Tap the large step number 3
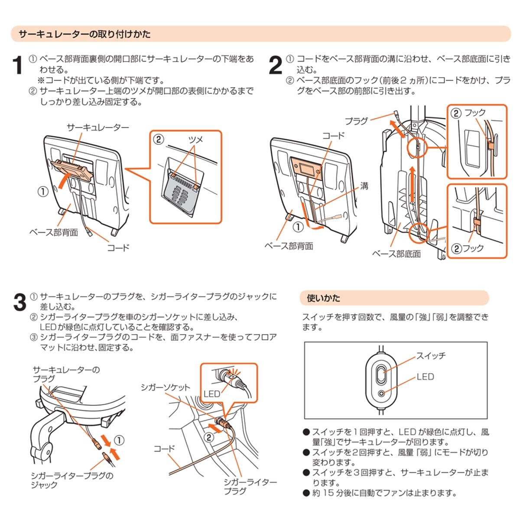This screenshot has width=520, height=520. coord(19,302)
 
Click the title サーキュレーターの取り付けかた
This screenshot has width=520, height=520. coord(84,34)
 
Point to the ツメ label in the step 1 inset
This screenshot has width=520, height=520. coord(195,140)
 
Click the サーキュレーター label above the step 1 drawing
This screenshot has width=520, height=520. coord(97,127)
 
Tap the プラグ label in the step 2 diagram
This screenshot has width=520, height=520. coord(356,121)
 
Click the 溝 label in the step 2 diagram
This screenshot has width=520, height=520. coord(364,186)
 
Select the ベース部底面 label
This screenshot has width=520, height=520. coord(396,254)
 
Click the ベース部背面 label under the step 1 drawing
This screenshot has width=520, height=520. coord(54,232)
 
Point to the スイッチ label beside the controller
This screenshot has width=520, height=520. coord(431,356)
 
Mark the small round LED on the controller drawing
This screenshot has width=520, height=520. coord(381,393)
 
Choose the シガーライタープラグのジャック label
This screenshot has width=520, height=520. coord(72,480)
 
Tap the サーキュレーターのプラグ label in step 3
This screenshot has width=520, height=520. coord(66,374)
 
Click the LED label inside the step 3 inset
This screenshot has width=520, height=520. coord(212,393)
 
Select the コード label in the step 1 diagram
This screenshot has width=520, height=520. coord(118,248)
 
